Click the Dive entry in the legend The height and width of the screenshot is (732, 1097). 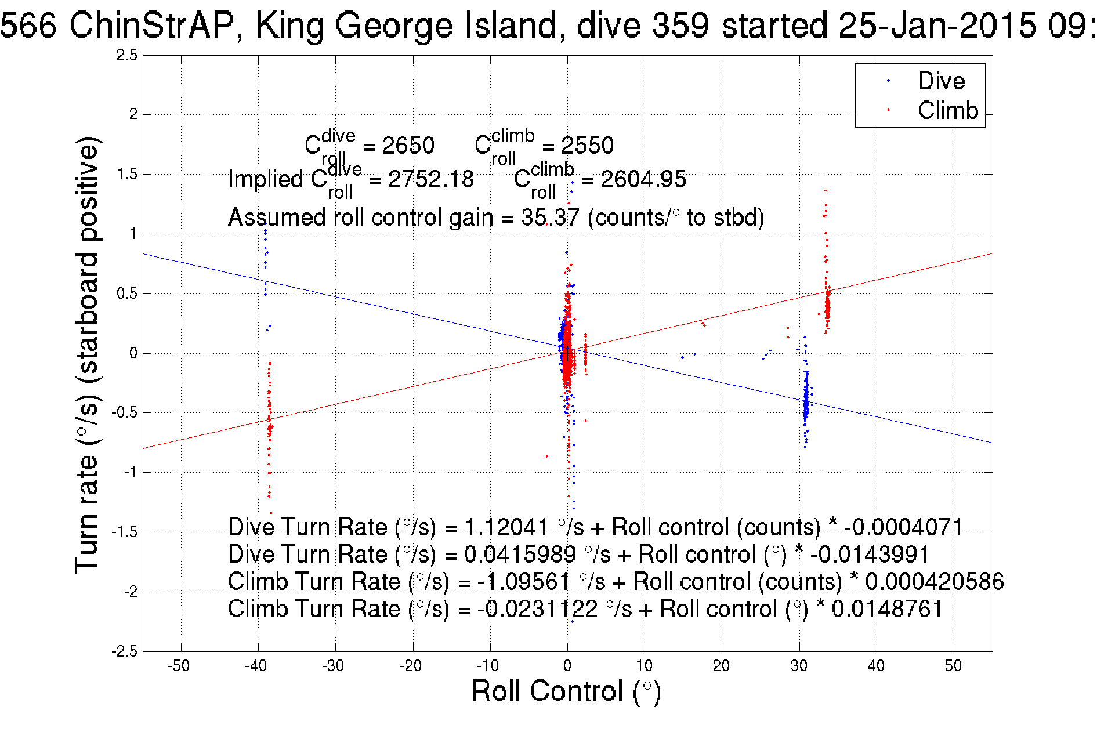coord(941,81)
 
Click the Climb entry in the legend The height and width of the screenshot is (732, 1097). coord(947,110)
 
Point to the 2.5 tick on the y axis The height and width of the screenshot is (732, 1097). coord(127,56)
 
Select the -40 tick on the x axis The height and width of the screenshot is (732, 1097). coord(256,666)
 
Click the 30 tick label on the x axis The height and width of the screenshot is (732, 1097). coord(799,666)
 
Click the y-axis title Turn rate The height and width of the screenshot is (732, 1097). coord(88,355)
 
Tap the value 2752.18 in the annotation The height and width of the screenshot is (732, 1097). coord(430,179)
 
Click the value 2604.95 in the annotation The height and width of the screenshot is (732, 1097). coord(643,179)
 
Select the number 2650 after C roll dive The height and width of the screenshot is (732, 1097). coord(408,146)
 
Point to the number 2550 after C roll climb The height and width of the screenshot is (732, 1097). coord(587,146)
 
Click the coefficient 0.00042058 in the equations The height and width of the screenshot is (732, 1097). coord(934,582)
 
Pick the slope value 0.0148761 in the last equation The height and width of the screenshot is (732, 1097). coord(887,609)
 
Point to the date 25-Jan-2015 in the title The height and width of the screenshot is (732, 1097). coord(937,26)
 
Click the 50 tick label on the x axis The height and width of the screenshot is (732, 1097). coord(953,666)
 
